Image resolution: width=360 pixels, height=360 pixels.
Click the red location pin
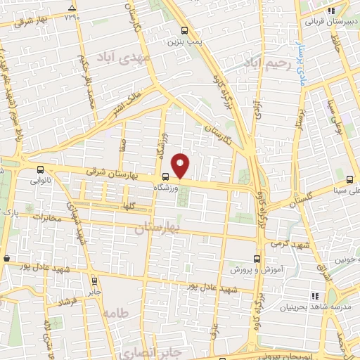[x=181, y=165]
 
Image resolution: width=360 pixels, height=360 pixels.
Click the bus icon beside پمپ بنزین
[x=185, y=31]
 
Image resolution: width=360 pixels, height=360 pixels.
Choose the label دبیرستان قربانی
[x=327, y=21]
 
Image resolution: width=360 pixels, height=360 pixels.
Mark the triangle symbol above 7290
[x=71, y=8]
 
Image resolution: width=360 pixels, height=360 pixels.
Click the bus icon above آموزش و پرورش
[x=257, y=257]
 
